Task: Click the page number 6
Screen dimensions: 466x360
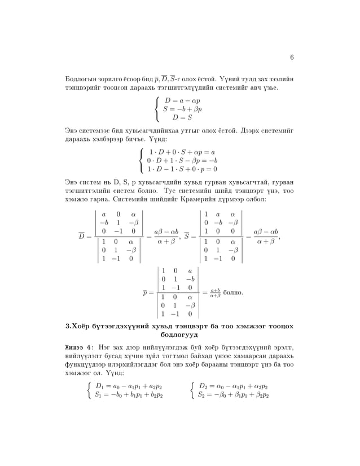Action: (292, 57)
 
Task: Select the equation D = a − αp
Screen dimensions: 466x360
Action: (183, 100)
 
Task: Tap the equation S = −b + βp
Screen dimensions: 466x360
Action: (182, 109)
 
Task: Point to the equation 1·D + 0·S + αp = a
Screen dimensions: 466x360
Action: (181, 152)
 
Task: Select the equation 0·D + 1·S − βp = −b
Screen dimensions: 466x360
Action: (182, 160)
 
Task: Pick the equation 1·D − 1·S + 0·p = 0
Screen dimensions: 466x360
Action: (182, 169)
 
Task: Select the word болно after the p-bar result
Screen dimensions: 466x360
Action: (233, 293)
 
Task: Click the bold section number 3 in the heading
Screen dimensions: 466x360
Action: (68, 326)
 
